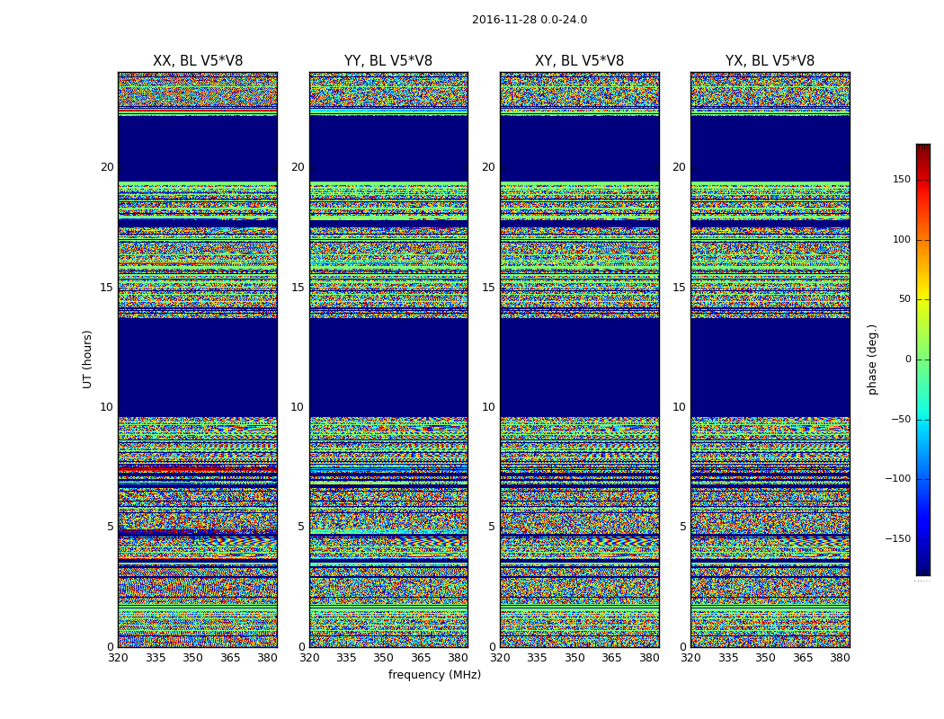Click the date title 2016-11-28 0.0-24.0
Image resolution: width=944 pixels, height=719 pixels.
point(529,20)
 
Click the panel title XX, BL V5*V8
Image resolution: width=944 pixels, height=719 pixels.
point(198,61)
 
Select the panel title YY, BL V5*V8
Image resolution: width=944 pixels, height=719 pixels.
point(388,61)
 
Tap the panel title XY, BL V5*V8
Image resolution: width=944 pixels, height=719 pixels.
point(579,61)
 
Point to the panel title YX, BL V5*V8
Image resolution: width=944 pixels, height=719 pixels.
point(770,61)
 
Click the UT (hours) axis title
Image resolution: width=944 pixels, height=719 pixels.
point(88,359)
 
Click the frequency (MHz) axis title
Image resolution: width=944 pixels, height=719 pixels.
point(434,675)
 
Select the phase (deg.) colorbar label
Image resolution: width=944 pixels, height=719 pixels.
point(872,359)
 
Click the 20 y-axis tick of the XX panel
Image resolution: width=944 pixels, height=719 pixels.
point(107,167)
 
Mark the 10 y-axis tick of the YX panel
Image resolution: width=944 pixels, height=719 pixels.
point(680,407)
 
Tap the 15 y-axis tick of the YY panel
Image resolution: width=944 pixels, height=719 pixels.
point(298,288)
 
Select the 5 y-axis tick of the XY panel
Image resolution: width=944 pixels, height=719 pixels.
point(492,527)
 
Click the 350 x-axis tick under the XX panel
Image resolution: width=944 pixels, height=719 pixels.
point(192,658)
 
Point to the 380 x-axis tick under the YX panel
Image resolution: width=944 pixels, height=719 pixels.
point(840,658)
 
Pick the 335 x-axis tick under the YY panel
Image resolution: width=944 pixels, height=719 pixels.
point(346,658)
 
